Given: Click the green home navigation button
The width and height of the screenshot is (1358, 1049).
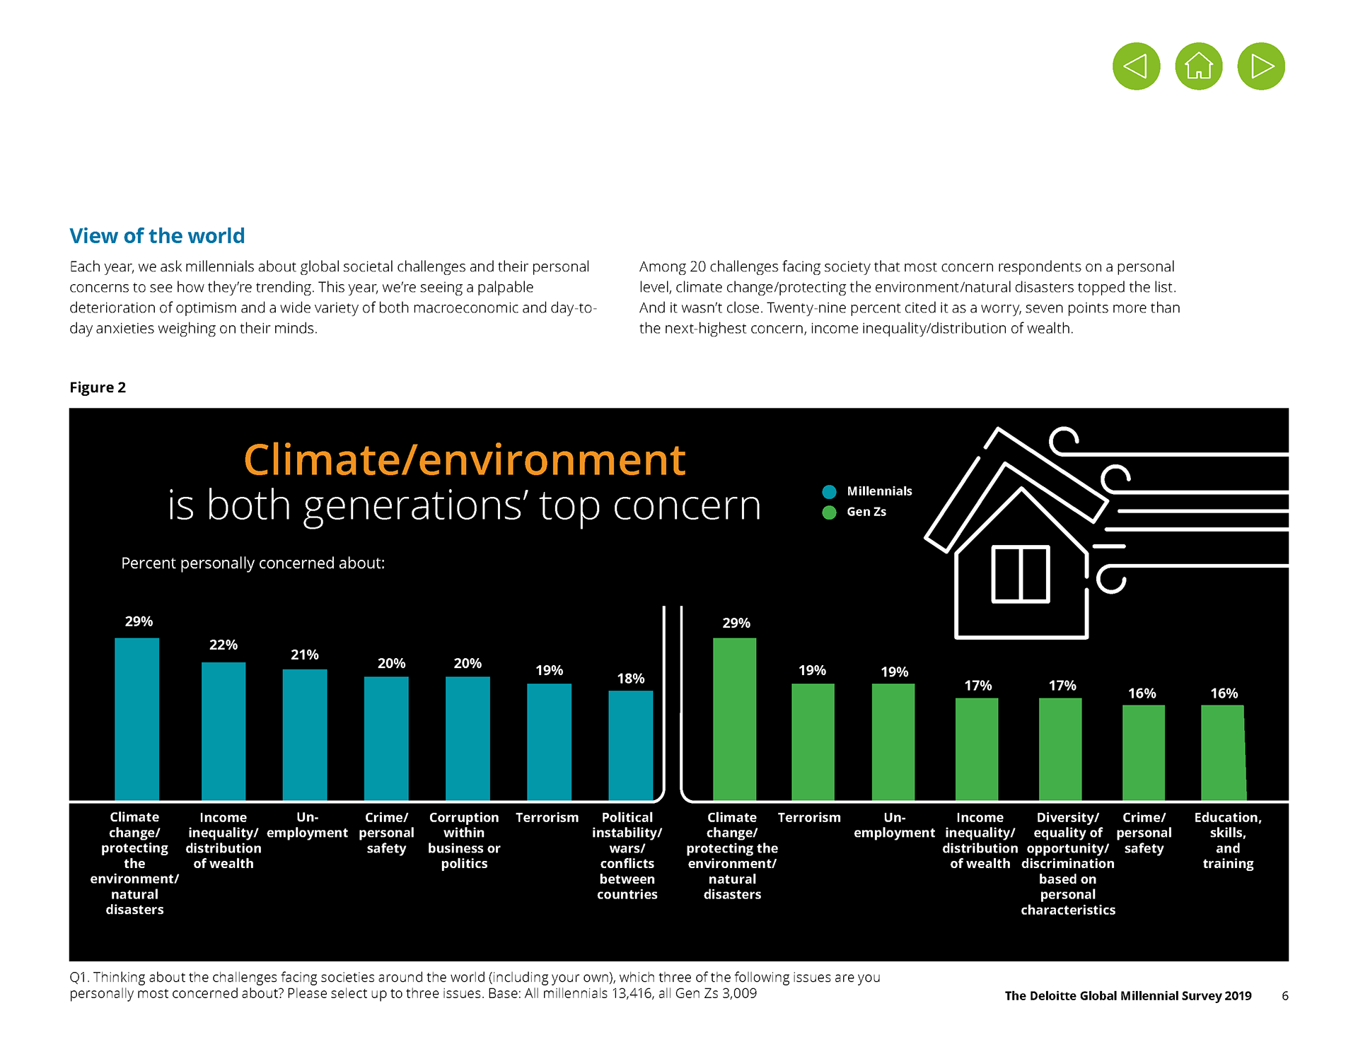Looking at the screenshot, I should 1198,66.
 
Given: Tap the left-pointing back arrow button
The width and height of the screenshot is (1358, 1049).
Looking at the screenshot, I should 1136,66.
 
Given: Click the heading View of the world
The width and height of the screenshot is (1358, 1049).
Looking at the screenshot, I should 157,235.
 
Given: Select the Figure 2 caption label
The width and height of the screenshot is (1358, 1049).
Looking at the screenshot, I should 98,387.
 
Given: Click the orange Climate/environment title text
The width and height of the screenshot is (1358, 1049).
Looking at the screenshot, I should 464,459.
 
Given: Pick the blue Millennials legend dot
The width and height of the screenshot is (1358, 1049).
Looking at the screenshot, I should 830,491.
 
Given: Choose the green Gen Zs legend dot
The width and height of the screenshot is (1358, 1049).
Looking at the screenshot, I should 830,512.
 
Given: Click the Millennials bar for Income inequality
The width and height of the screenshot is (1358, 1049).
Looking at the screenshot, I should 224,731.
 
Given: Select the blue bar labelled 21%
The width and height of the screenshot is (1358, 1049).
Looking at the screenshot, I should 305,734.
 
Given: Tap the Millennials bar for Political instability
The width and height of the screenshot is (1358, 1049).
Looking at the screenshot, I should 630,745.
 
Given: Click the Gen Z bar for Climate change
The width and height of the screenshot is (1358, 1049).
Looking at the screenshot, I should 734,719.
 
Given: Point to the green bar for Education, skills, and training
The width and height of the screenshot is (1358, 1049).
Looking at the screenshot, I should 1223,752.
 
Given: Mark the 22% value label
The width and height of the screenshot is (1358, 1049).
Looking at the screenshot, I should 224,645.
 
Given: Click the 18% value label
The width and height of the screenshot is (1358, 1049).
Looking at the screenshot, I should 630,679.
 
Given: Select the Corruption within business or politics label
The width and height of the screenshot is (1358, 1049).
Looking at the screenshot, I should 464,840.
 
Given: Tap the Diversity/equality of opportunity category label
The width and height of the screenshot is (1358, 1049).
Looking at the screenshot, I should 1067,863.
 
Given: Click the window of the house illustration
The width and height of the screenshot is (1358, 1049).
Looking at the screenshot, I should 1020,573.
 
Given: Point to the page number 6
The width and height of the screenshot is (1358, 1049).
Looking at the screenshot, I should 1284,995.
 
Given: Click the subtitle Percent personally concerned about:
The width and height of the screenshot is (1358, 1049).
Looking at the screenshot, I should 253,563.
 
